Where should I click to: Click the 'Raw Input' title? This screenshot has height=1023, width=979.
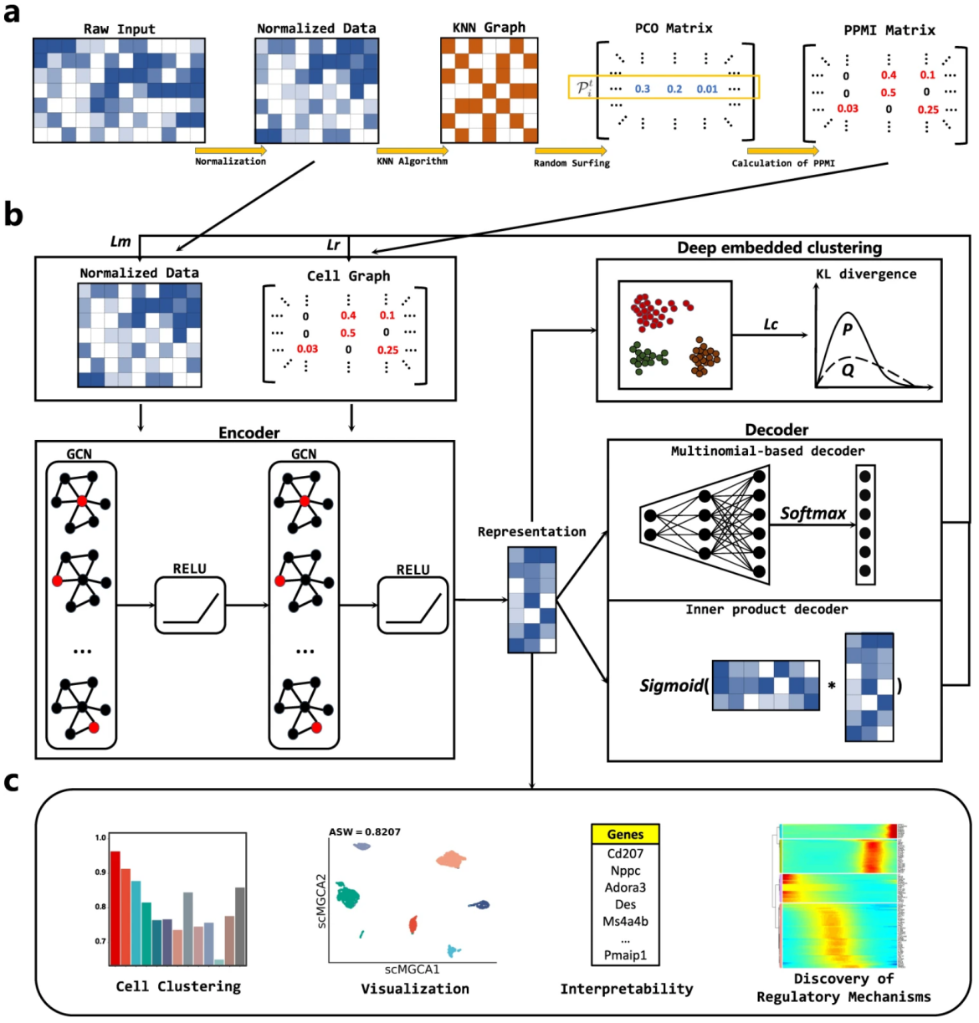[119, 28]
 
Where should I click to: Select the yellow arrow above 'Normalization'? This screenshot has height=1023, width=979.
[230, 151]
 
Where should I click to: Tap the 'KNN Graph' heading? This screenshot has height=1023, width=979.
[489, 28]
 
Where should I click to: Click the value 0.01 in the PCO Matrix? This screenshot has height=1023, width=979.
[707, 89]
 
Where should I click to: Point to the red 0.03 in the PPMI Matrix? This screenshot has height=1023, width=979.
[847, 109]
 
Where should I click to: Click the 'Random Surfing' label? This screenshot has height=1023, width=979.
[572, 163]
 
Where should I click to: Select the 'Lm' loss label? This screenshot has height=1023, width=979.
[120, 242]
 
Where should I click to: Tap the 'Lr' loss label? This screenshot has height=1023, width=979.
[333, 245]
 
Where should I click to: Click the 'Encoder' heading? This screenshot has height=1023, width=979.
[249, 432]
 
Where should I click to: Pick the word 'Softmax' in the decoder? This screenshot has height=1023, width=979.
[812, 514]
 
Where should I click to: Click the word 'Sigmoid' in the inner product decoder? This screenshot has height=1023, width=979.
[671, 686]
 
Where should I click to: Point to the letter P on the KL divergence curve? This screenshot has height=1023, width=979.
[847, 330]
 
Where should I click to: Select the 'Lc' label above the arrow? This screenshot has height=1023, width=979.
[771, 325]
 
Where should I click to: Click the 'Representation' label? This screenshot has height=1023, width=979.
[531, 532]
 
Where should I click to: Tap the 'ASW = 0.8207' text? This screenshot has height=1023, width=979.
[364, 832]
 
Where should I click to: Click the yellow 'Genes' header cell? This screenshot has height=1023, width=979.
[625, 834]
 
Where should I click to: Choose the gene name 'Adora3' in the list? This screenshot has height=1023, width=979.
[625, 887]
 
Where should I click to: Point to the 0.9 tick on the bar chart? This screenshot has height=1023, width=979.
[100, 872]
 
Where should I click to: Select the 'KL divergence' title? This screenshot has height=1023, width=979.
[865, 274]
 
